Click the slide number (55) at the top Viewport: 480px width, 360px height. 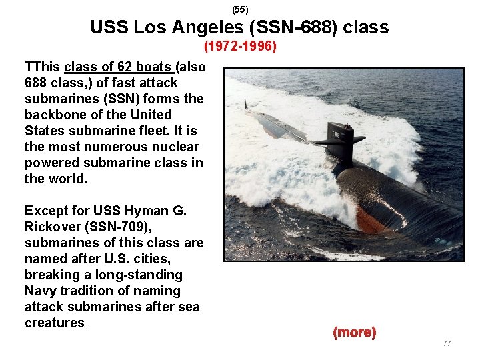point(240,10)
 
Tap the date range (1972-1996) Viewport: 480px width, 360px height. point(240,47)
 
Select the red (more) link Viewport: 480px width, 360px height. point(354,332)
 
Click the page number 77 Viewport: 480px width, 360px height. point(447,343)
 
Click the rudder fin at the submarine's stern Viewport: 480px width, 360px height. point(245,104)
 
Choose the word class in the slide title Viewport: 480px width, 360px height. point(364,28)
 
